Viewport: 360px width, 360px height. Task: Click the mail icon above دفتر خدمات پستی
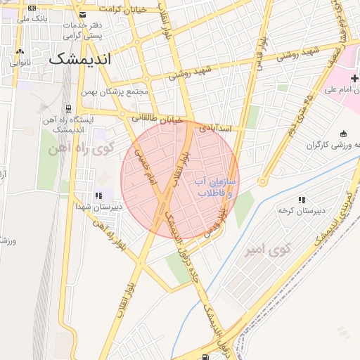coord(83,15)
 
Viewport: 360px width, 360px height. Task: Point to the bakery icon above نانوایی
coord(20,51)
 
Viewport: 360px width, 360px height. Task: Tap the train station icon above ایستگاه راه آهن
coord(68,109)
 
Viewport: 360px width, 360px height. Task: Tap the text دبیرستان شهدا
coord(99,207)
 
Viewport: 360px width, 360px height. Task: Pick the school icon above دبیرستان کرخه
coord(302,200)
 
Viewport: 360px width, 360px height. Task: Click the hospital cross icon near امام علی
coord(354,78)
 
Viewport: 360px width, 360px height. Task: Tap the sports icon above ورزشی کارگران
coord(343,134)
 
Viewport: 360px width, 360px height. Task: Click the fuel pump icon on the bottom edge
coord(204,356)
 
